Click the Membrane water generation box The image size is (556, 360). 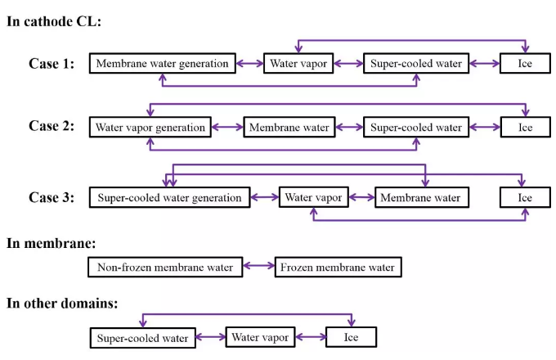pyautogui.click(x=162, y=64)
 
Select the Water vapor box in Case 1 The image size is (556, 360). pyautogui.click(x=298, y=64)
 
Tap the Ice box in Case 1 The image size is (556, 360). pyautogui.click(x=524, y=64)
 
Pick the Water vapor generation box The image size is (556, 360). pyautogui.click(x=150, y=127)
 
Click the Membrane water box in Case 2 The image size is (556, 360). pyautogui.click(x=289, y=127)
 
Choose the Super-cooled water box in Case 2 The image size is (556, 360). pyautogui.click(x=416, y=127)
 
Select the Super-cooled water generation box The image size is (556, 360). pyautogui.click(x=169, y=197)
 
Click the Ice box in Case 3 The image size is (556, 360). pyautogui.click(x=524, y=197)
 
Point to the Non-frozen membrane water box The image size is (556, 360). pyautogui.click(x=164, y=267)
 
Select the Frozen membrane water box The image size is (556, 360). pyautogui.click(x=337, y=267)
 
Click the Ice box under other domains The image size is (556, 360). pyautogui.click(x=351, y=337)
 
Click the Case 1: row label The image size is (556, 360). pyautogui.click(x=52, y=63)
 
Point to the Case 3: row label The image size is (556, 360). pyautogui.click(x=52, y=197)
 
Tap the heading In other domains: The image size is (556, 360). pyautogui.click(x=61, y=304)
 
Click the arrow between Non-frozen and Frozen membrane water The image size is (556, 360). pyautogui.click(x=258, y=267)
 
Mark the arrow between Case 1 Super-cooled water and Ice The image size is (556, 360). pyautogui.click(x=485, y=64)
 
